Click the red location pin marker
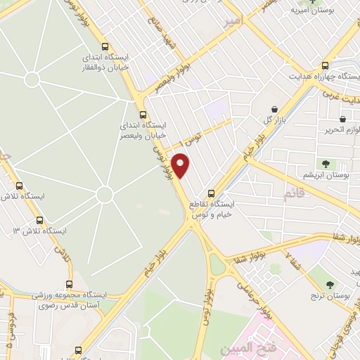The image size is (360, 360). click(x=181, y=165)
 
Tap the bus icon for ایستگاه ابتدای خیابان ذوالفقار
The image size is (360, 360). click(x=105, y=44)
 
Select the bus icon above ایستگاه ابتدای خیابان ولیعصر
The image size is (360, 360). click(x=143, y=115)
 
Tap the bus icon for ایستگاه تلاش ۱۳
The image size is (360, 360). click(x=39, y=220)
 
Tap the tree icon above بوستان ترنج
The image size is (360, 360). click(x=331, y=284)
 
